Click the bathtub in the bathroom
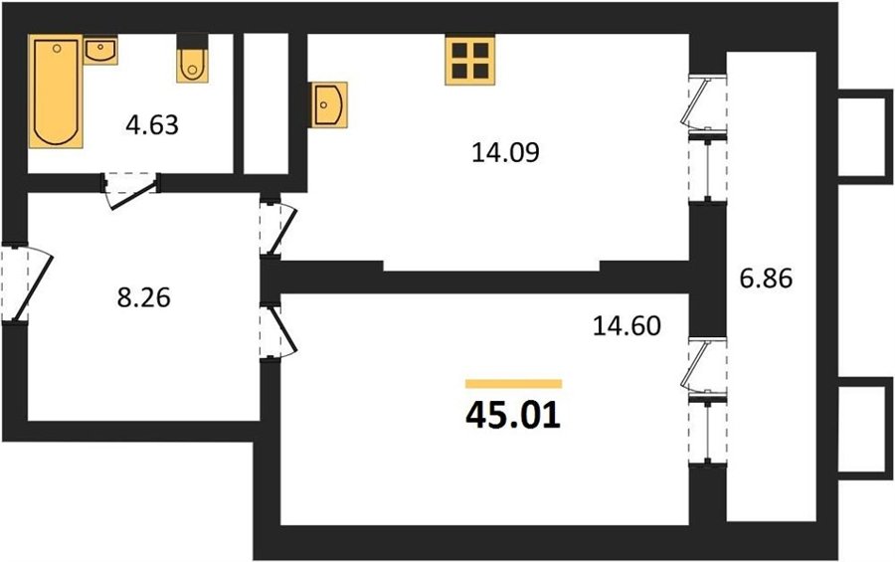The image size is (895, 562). coord(56,92)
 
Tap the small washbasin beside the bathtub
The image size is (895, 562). coord(100,51)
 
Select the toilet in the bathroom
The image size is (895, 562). coord(192,59)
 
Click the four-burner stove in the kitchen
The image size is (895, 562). coord(470,60)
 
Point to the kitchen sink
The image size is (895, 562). coord(329,104)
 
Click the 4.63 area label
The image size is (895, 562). coord(152,124)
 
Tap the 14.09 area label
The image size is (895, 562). coord(506,152)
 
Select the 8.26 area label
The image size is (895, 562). coord(144,297)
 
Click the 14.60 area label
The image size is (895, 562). coord(627,326)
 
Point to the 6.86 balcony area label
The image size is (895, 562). coord(766,280)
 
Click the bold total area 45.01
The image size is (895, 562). coord(513,416)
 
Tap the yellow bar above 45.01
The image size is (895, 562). coord(514,384)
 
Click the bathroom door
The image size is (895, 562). coord(131,191)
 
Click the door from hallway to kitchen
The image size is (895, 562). coord(278,226)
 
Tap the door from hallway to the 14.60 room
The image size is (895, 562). coord(278,331)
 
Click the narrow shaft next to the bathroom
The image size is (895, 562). coord(266,103)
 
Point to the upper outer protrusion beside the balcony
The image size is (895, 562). coord(865,136)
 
